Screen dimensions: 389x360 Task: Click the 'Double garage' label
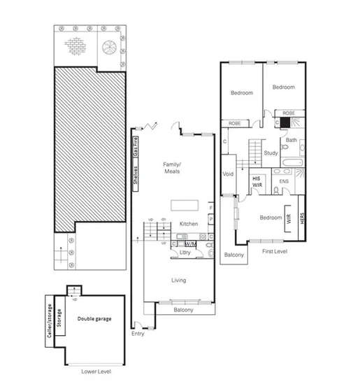(x=94, y=319)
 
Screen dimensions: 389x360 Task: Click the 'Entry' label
(x=137, y=334)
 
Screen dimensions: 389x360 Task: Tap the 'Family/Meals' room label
(x=172, y=167)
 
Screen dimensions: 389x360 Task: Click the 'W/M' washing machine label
(x=190, y=243)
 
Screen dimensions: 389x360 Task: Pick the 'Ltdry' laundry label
(x=185, y=253)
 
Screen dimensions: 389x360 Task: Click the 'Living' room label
(x=180, y=281)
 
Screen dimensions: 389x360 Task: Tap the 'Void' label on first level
(x=228, y=174)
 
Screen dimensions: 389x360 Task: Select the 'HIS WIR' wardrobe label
(x=257, y=181)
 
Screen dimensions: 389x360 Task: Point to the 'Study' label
(x=271, y=152)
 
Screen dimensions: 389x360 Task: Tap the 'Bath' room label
(x=291, y=139)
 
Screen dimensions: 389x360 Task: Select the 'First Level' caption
(x=275, y=250)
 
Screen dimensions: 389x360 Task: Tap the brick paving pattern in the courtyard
(x=75, y=45)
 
